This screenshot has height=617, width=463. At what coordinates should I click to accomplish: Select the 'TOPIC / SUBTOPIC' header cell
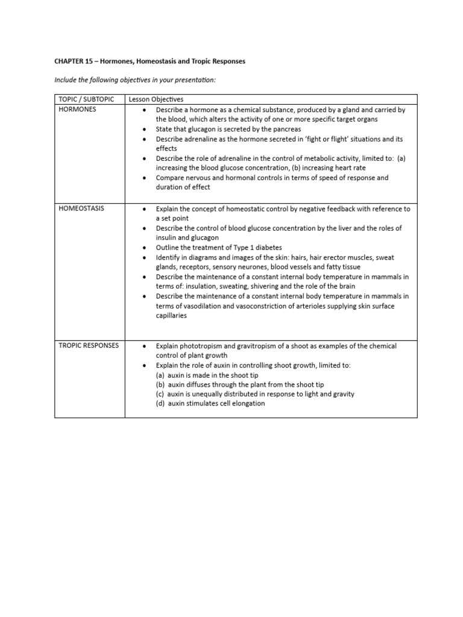85,99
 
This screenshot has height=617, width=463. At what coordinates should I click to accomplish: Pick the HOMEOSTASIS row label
81,208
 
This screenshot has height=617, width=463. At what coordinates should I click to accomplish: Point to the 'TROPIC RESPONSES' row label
89,346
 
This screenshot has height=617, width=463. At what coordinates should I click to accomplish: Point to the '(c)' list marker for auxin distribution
160,394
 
